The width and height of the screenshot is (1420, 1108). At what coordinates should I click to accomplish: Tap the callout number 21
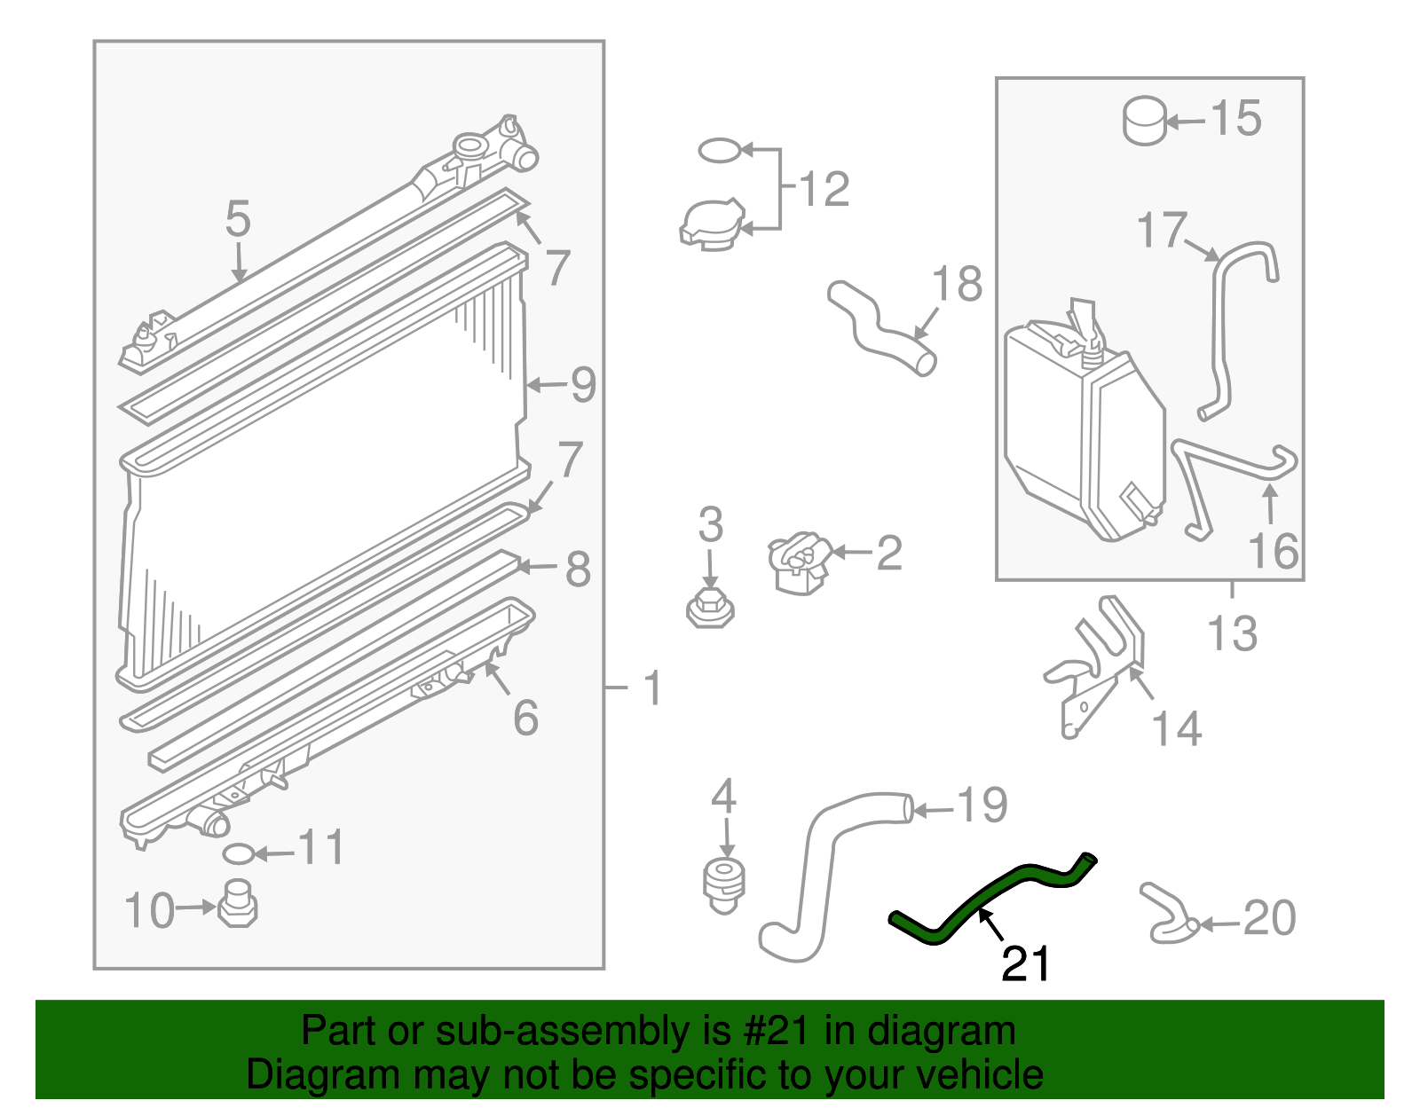[x=1025, y=964]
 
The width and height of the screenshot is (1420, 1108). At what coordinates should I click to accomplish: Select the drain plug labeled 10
[x=237, y=905]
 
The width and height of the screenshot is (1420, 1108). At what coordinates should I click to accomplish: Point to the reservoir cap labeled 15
[x=1144, y=121]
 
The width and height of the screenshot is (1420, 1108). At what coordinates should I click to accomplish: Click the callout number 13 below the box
[x=1232, y=634]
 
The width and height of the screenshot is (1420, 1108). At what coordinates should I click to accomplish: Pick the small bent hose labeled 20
[x=1167, y=914]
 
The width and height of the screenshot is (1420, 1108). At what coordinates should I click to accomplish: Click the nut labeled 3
[x=710, y=608]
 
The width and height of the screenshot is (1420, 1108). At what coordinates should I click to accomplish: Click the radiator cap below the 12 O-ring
[x=711, y=224]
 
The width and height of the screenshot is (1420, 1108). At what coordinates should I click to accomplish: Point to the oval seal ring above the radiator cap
[x=719, y=151]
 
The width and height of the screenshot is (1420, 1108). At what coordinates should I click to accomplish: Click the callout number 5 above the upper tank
[x=238, y=218]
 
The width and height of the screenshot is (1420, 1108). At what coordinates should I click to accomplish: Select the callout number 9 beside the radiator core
[x=583, y=385]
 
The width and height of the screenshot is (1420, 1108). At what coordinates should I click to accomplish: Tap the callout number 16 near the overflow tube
[x=1274, y=551]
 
